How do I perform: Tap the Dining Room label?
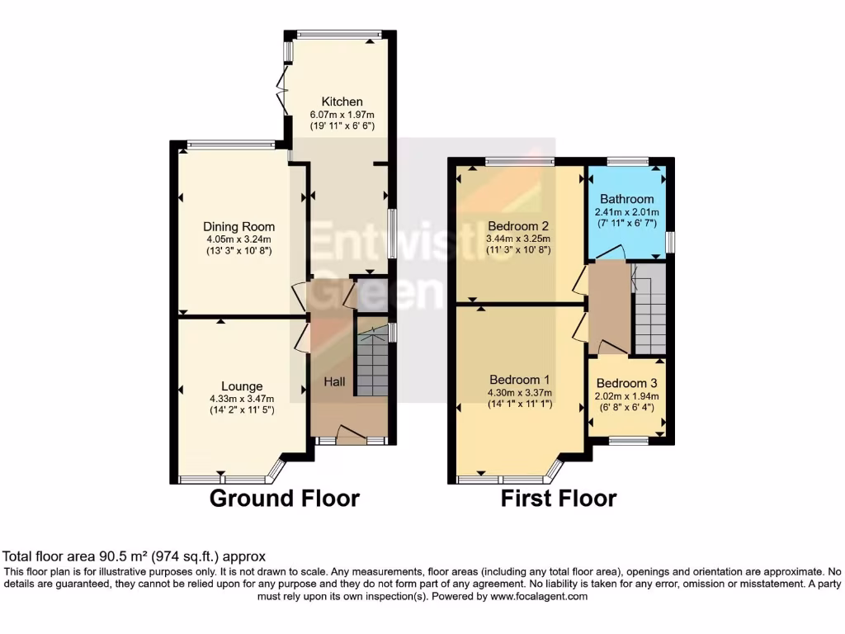click(x=238, y=227)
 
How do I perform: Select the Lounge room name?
click(x=242, y=386)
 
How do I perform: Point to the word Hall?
click(x=334, y=381)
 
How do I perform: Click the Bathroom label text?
click(x=626, y=199)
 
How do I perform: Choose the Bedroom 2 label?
click(x=518, y=225)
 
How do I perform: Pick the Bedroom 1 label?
click(x=519, y=381)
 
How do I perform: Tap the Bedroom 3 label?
click(x=626, y=383)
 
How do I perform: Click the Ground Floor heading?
click(x=284, y=499)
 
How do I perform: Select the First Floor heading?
click(x=559, y=499)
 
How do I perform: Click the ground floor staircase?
click(x=372, y=362)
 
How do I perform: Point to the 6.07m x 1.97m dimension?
click(x=342, y=115)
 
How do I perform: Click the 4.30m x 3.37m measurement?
click(x=519, y=394)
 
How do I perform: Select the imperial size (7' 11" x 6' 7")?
click(x=626, y=223)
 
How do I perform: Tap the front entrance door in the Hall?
click(x=352, y=435)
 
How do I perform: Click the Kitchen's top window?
click(x=339, y=35)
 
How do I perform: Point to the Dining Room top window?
click(x=231, y=145)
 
